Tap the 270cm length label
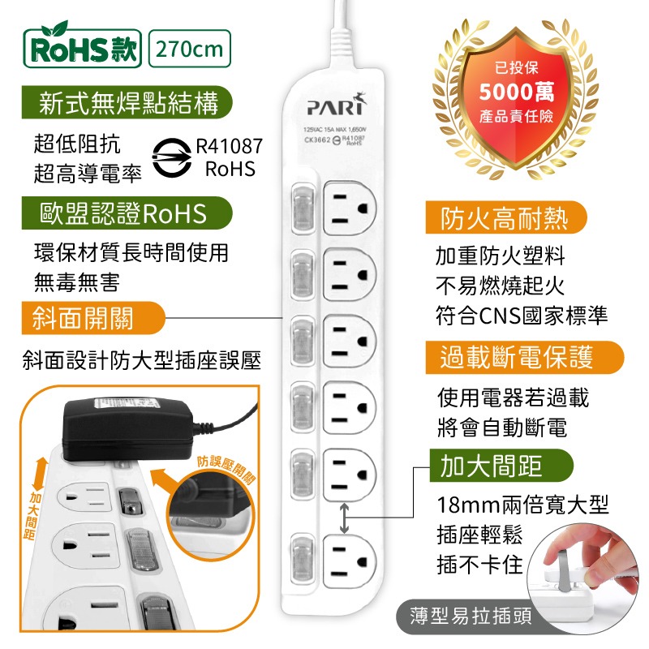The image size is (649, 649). coord(190,49)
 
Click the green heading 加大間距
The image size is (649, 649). coord(492,466)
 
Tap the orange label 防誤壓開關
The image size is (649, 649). coord(226,468)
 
